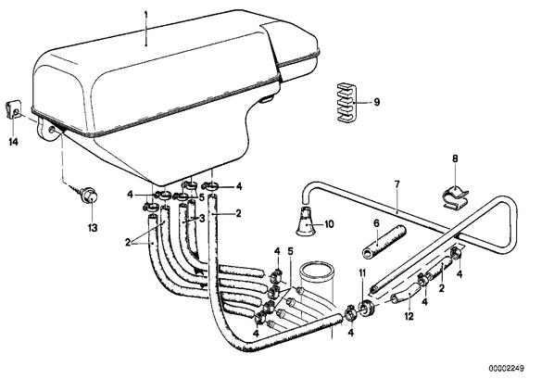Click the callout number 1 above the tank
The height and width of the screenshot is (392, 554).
click(x=145, y=15)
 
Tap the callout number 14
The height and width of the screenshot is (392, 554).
click(x=13, y=142)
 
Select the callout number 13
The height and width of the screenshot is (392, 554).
click(x=93, y=228)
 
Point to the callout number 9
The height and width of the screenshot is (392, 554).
click(x=377, y=102)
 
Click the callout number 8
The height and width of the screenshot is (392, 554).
click(x=455, y=158)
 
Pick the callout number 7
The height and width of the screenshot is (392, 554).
click(x=397, y=184)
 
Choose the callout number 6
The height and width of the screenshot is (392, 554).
click(x=376, y=223)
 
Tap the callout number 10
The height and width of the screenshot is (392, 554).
click(x=329, y=224)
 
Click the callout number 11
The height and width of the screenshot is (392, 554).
click(x=362, y=272)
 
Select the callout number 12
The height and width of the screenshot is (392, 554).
click(x=409, y=316)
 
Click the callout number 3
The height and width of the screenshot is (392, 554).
click(x=202, y=219)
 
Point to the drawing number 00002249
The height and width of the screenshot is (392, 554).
click(x=507, y=368)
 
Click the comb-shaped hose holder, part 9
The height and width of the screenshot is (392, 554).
click(x=346, y=103)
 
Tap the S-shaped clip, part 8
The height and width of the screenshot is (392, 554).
click(x=456, y=197)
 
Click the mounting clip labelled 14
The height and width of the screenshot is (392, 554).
click(x=13, y=109)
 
